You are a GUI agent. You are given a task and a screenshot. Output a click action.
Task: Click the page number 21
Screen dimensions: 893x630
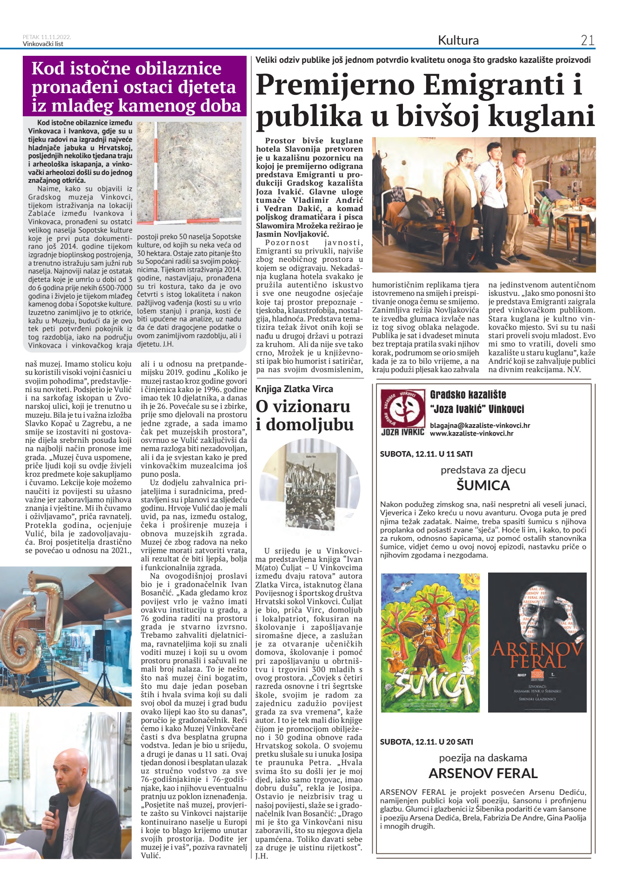[x=587, y=40]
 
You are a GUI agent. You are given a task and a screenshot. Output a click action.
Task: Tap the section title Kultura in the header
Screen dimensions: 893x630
[x=458, y=40]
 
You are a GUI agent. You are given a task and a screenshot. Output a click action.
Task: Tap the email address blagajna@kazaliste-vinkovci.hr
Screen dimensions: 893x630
[x=480, y=425]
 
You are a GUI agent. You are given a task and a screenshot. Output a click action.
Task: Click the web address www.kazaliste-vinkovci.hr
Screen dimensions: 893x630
[x=471, y=433]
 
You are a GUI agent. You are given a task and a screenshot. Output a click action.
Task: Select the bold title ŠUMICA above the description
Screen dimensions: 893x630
[x=483, y=486]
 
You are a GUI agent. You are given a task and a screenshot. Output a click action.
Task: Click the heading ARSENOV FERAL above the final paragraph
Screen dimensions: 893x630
[x=483, y=773]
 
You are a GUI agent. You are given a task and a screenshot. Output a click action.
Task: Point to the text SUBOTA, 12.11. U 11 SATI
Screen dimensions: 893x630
[x=426, y=454]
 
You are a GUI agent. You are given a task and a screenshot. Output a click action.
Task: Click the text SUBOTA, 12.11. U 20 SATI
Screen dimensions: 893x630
[x=426, y=742]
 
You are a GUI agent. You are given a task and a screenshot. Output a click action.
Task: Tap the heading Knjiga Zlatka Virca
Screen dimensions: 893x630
[x=294, y=389]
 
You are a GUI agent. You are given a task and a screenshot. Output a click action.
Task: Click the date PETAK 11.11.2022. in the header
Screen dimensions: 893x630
[x=47, y=37]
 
